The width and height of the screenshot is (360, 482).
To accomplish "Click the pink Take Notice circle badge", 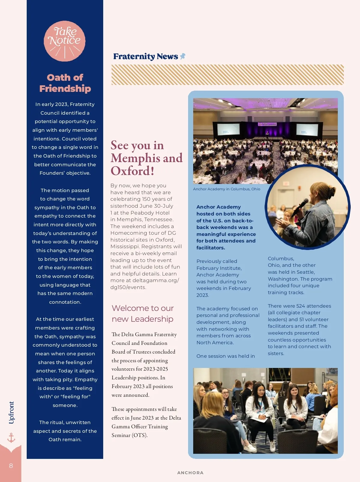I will point(64,41).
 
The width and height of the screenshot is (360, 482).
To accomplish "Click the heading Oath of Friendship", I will point(65,83).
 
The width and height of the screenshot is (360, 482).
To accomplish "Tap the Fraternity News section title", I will point(145,56).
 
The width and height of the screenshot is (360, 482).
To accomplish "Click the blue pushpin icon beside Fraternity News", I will point(182,56).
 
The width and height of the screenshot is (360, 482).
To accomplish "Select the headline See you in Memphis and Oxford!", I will point(146,158).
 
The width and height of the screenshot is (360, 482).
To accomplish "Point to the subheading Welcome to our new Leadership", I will point(142,314).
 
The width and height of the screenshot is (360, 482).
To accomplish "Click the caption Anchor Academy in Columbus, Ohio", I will point(226,189).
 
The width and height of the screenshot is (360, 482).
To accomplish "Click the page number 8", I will point(11,466).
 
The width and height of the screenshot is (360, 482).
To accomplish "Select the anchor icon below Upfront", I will point(11,438).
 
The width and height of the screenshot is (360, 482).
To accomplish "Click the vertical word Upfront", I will point(11,413).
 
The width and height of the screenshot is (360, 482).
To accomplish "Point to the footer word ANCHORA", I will point(190,473).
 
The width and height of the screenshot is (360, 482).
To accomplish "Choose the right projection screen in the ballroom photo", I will point(307,130).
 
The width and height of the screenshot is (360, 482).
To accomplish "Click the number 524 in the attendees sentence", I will point(301,306).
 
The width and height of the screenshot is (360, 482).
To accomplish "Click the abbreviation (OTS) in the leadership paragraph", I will point(139,435).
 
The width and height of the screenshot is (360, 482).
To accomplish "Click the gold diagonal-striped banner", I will point(227,75).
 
